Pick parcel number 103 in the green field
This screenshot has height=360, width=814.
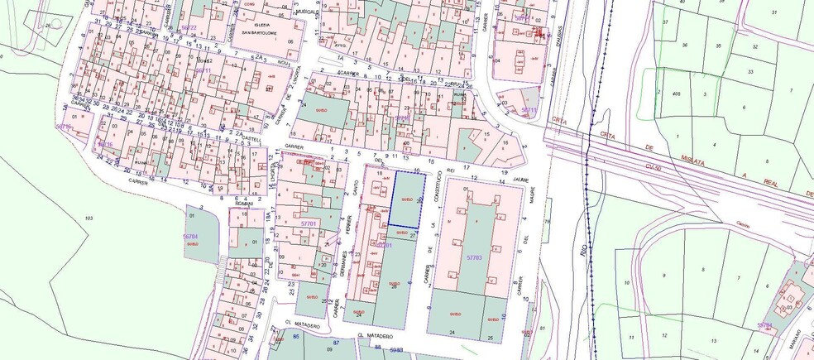89,217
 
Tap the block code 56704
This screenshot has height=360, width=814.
193,237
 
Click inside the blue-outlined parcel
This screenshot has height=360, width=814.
407,199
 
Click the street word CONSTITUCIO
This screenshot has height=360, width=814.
432,194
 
